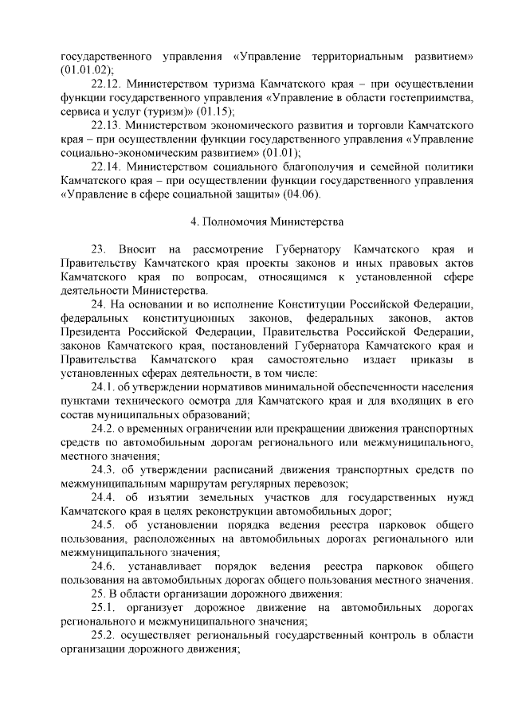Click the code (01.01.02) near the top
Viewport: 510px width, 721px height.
tap(86, 70)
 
